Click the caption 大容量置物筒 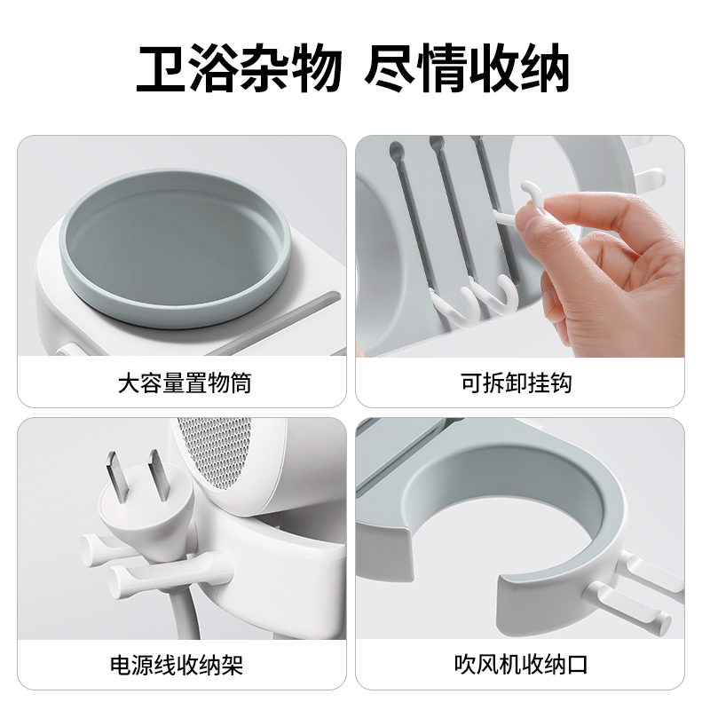click(184, 383)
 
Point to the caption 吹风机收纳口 click(523, 665)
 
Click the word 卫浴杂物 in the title click(239, 68)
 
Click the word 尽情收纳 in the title click(467, 68)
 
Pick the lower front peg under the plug click(133, 581)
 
